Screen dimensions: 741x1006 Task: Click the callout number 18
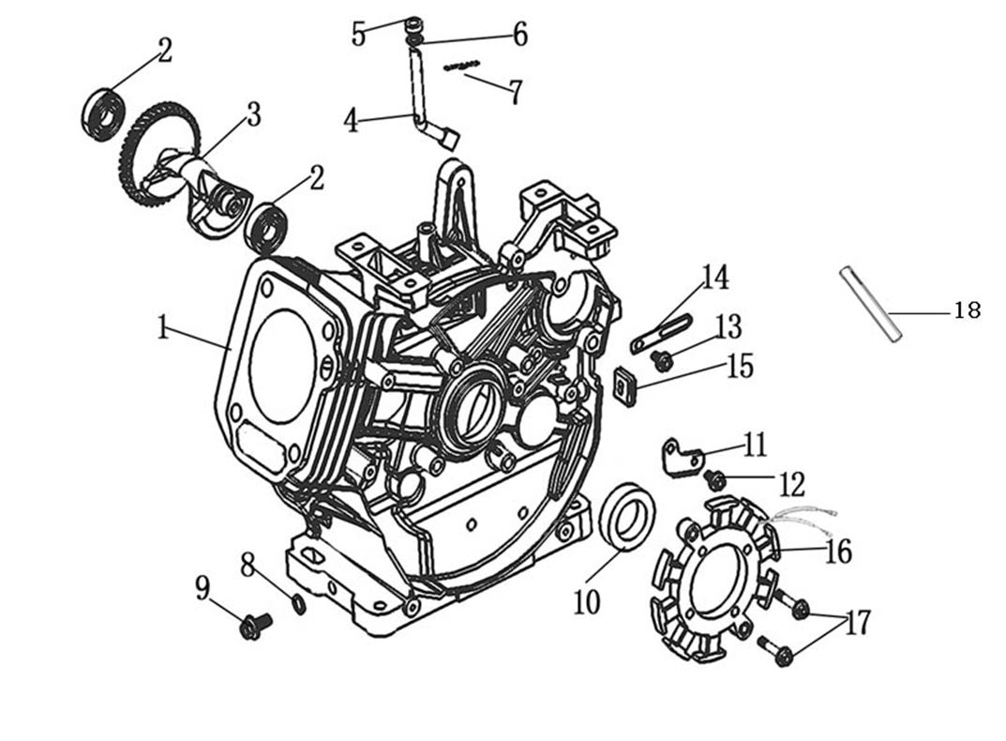[966, 310]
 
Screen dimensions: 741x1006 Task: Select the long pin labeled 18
[870, 304]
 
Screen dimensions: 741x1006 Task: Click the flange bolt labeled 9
[253, 626]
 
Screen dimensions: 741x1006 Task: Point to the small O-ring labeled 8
[298, 605]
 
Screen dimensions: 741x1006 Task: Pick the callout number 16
[837, 552]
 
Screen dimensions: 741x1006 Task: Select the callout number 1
[163, 328]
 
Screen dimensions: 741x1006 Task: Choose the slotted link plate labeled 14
[662, 334]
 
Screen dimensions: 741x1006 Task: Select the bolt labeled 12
[715, 480]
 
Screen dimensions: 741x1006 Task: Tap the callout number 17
[856, 622]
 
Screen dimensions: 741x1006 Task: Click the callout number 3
[252, 115]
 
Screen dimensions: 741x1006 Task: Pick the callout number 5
[358, 34]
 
